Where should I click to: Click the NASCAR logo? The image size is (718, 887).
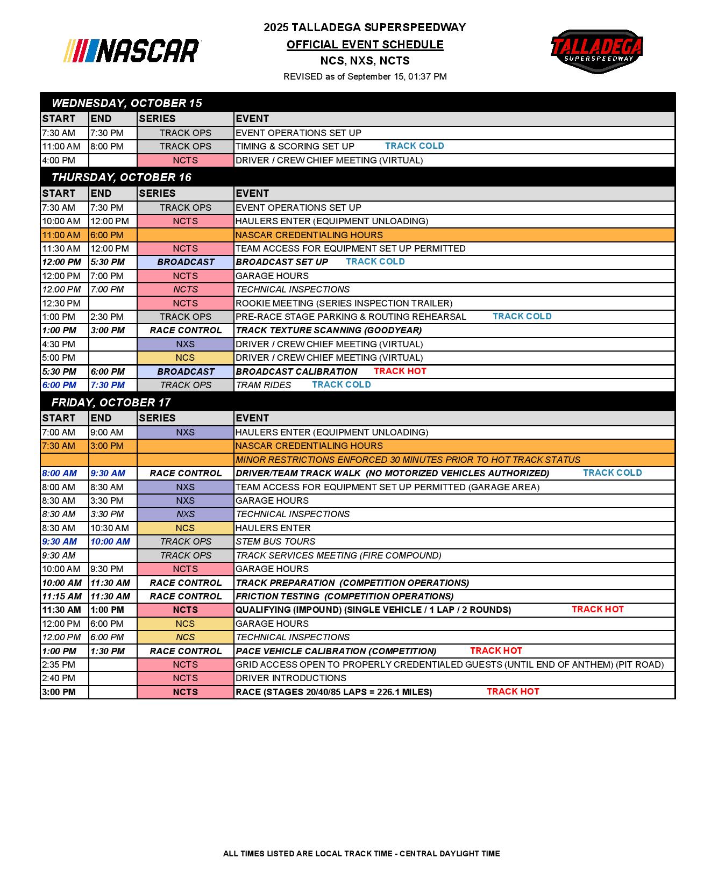click(132, 51)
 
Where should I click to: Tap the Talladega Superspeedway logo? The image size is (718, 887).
click(596, 51)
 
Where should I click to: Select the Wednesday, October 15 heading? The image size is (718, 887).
click(127, 103)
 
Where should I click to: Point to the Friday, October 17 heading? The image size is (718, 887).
click(111, 402)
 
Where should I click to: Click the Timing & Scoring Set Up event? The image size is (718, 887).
click(295, 146)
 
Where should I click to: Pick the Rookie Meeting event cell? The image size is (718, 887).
click(344, 303)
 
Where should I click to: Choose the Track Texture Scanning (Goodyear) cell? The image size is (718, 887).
click(329, 330)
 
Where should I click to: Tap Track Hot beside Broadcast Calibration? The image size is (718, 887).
click(400, 371)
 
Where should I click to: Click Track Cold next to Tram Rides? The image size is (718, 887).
click(341, 384)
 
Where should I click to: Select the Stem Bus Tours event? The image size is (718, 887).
click(275, 541)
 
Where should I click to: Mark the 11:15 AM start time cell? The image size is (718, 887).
click(62, 596)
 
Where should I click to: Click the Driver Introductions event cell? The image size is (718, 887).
click(290, 678)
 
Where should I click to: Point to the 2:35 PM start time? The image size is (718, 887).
click(59, 664)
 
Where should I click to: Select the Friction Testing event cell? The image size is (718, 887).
click(344, 596)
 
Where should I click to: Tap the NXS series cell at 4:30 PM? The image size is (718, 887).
click(185, 344)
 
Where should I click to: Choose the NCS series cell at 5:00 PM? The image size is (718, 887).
click(185, 357)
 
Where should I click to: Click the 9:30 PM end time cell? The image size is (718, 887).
click(107, 569)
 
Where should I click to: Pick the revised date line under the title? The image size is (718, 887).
click(365, 76)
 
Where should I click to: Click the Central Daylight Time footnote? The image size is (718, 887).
click(361, 853)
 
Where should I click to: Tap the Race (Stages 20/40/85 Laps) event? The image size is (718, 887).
click(333, 692)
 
